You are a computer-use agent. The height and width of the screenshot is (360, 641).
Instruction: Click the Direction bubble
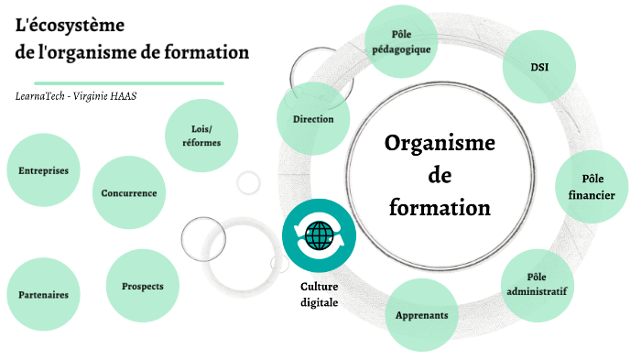coord(313,119)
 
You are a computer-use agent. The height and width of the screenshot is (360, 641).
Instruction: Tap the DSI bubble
coord(539,67)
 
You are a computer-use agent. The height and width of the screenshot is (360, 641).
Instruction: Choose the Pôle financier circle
coord(592,186)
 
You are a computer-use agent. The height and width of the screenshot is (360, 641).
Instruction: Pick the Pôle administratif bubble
coord(537,285)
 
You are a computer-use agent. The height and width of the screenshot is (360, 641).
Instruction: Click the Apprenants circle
coord(421,315)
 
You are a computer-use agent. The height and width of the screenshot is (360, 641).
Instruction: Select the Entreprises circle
coord(43,171)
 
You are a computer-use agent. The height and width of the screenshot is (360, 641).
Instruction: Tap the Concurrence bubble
coord(129,193)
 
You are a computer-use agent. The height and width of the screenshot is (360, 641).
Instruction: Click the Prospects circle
coord(142,287)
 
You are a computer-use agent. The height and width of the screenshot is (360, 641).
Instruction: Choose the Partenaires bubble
coord(43,295)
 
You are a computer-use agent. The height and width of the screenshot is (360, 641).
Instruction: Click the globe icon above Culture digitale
coord(319,236)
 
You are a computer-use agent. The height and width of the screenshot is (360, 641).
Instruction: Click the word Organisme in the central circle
coord(440,144)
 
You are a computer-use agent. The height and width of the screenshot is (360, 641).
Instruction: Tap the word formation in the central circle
coord(440,208)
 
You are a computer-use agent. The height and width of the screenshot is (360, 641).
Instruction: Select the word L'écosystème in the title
coord(71,24)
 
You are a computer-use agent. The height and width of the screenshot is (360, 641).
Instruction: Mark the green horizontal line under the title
coord(119,82)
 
